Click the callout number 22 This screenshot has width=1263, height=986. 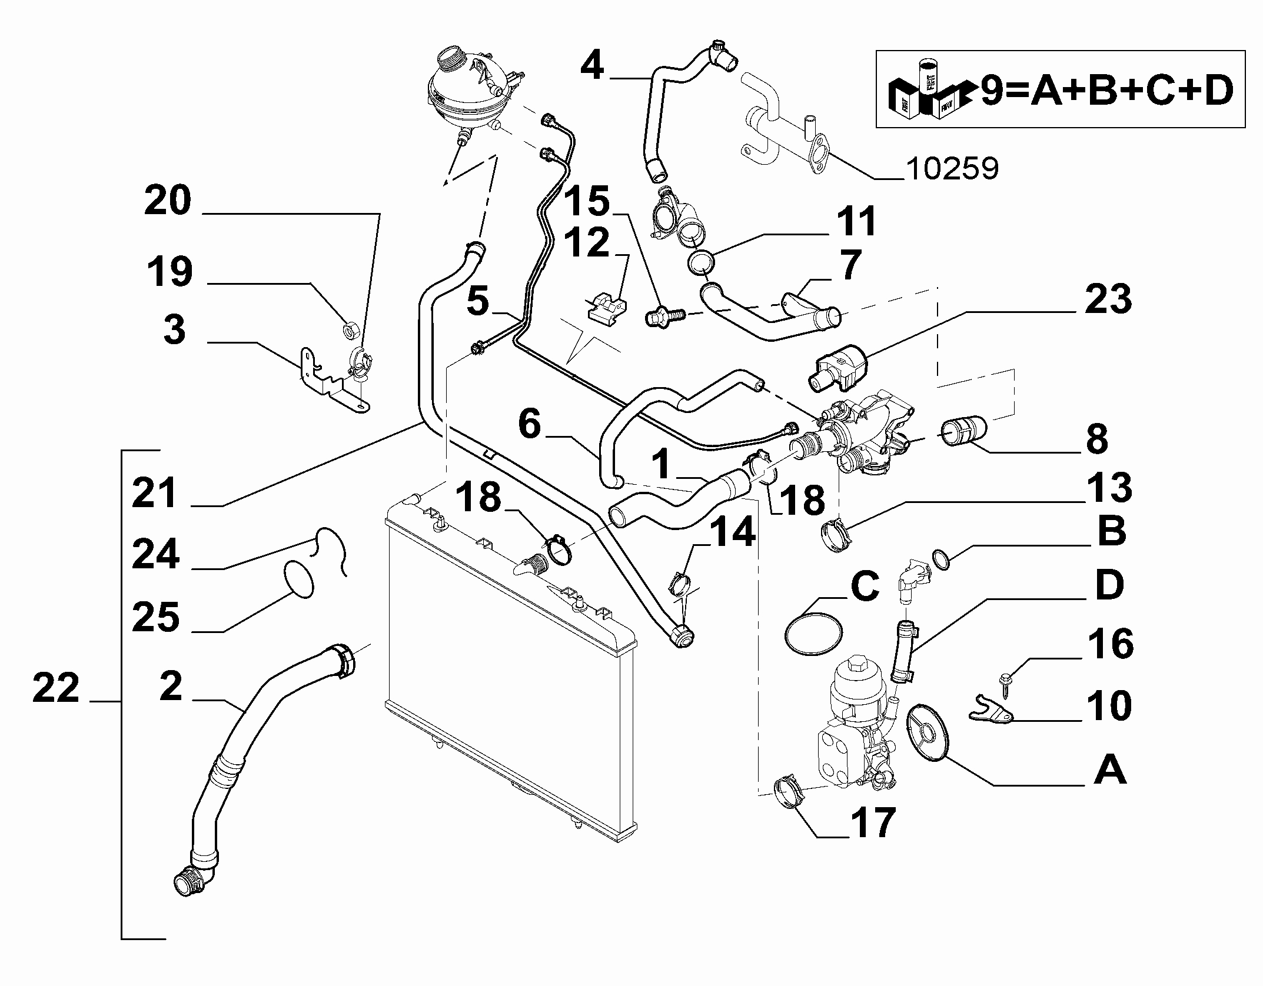56,689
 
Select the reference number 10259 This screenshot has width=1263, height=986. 952,169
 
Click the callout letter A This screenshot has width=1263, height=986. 1110,771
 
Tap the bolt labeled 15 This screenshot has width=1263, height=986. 662,317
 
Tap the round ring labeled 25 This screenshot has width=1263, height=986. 299,579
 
